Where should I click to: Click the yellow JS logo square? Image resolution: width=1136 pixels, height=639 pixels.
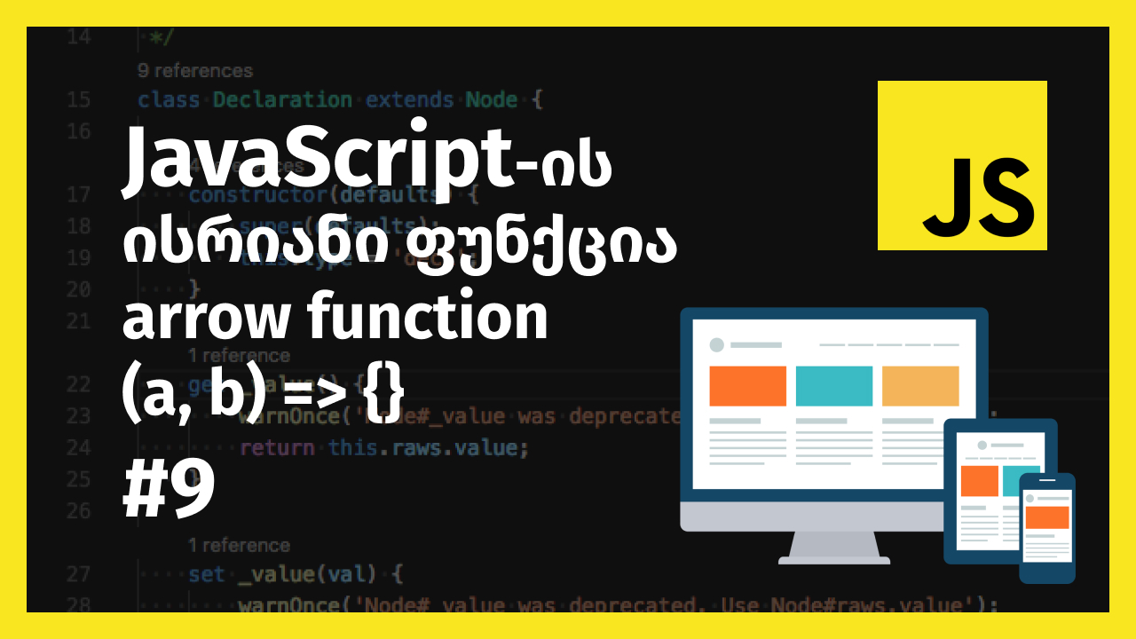click(962, 165)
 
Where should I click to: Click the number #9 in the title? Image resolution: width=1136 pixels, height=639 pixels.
click(169, 491)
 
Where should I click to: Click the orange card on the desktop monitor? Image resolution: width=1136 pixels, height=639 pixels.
click(747, 385)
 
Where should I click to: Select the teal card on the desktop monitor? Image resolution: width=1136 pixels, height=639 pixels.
click(833, 385)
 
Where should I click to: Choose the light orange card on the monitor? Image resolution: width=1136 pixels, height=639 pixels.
click(920, 385)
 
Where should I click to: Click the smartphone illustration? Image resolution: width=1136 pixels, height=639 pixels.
click(1046, 528)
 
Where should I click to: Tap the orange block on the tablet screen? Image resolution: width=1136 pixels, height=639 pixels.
click(980, 480)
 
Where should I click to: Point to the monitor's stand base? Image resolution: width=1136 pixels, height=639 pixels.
click(833, 559)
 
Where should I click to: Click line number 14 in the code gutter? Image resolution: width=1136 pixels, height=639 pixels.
click(78, 37)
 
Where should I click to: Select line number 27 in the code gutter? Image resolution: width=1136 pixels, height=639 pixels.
click(78, 574)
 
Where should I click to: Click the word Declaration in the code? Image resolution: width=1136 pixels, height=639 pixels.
click(282, 99)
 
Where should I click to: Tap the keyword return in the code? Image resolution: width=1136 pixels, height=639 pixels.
click(277, 447)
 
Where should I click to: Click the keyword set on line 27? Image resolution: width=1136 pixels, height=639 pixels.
click(206, 574)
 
